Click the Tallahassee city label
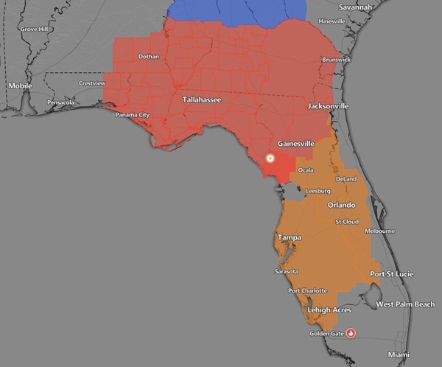[201, 99]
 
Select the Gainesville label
[297, 143]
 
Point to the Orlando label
[341, 205]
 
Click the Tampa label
[289, 237]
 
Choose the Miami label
[399, 354]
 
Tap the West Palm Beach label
[405, 304]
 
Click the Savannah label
[355, 7]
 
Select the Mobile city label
[20, 85]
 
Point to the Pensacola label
[60, 102]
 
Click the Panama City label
[133, 115]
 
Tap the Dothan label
[149, 57]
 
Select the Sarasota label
[287, 271]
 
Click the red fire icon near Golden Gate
[351, 333]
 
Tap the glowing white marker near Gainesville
[270, 158]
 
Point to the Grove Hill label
[34, 29]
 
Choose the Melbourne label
[380, 231]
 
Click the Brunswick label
[337, 59]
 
